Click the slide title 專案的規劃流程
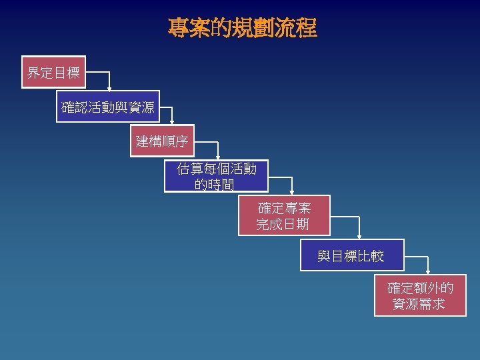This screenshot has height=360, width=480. click(x=242, y=28)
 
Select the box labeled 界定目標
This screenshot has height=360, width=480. click(x=53, y=72)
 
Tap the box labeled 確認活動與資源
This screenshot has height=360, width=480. click(x=107, y=107)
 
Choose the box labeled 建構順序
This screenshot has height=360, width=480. click(x=162, y=141)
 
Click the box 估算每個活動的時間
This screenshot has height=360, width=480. click(x=216, y=176)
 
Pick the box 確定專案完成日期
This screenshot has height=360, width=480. click(x=283, y=216)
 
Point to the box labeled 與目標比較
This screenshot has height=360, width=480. click(x=351, y=255)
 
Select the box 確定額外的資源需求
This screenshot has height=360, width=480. click(x=420, y=296)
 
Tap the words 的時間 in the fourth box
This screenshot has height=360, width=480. click(x=215, y=184)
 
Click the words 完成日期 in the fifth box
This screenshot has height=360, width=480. click(x=283, y=225)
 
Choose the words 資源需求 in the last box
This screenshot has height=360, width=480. click(x=419, y=305)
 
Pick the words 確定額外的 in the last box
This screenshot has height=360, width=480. click(x=421, y=288)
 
